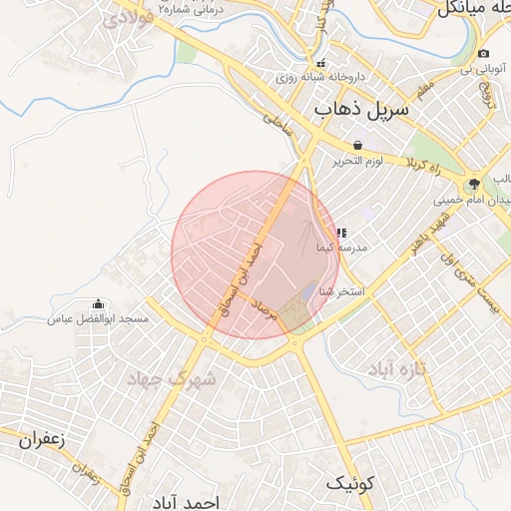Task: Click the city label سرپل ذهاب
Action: (x=361, y=107)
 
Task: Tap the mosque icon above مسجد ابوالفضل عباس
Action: (x=99, y=303)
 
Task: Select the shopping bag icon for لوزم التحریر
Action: (x=358, y=145)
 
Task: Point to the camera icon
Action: (x=483, y=54)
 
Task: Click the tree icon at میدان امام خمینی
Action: (x=473, y=184)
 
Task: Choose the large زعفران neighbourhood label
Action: (x=40, y=437)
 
